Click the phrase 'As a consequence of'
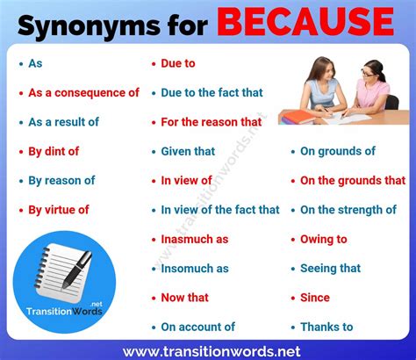(83, 92)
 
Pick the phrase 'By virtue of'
(59, 210)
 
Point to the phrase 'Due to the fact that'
(212, 92)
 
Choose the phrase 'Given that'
(188, 151)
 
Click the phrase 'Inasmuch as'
(194, 239)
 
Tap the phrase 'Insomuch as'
(195, 268)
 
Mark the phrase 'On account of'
(197, 327)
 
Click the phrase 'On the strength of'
(348, 210)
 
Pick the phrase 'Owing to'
(324, 239)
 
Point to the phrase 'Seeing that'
(330, 268)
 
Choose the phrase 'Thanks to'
(326, 327)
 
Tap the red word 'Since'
(315, 298)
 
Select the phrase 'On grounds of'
(338, 151)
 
